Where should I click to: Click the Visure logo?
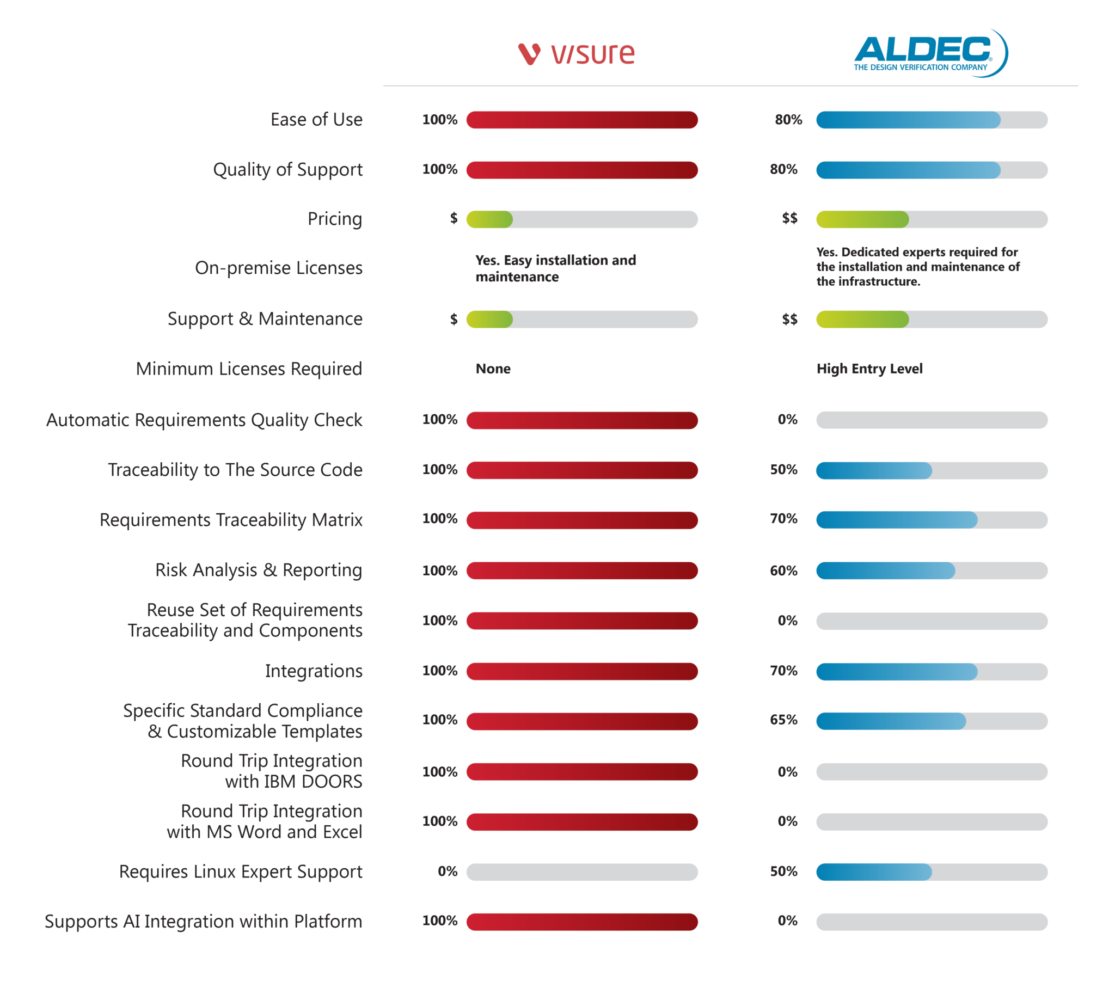coord(576,54)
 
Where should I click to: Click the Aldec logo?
coord(929,53)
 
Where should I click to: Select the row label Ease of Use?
coord(316,119)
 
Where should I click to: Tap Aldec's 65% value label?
coord(783,720)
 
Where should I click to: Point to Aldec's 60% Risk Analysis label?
coord(783,570)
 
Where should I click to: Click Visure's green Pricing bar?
coord(489,219)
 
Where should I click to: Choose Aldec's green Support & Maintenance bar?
coord(862,319)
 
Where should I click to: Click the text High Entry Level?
coord(869,369)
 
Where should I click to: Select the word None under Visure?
coord(493,369)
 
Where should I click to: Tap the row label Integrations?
coord(314,671)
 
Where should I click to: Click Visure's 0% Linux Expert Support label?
coord(448,872)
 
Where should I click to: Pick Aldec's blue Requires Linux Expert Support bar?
coord(873,872)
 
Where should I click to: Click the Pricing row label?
coord(334,219)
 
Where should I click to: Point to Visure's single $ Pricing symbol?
coord(454,218)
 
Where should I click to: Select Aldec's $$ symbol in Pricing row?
coord(789,218)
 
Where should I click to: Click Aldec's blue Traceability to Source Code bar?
coord(873,470)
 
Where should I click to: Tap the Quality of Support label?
coord(287,170)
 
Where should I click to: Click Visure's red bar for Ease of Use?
coord(581,120)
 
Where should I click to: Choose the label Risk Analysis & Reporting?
coord(259,570)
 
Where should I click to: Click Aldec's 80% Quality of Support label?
coord(783,169)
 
